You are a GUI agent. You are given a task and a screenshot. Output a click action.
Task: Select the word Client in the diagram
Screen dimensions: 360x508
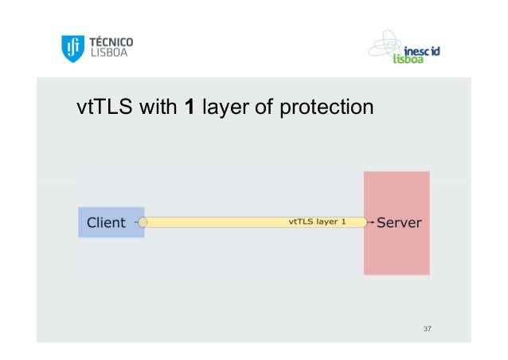tap(106, 222)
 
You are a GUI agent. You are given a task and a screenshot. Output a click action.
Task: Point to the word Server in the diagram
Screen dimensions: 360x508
tap(399, 222)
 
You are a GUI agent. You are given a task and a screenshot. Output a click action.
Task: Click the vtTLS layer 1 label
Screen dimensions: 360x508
tap(316, 222)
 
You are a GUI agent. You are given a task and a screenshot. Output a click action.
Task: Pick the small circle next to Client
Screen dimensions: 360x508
tap(142, 222)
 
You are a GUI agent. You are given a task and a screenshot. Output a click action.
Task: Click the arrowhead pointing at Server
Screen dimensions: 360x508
tap(369, 222)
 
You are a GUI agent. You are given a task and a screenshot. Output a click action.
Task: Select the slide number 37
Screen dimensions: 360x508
tap(428, 328)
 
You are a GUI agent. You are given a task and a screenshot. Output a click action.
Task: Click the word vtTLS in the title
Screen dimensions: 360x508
tap(104, 106)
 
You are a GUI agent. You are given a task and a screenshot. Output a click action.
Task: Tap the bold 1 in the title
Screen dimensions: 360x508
tap(190, 106)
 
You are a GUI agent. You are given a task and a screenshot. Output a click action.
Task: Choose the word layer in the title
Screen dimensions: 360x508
tap(226, 106)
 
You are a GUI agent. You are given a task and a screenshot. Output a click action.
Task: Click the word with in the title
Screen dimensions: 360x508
tap(158, 106)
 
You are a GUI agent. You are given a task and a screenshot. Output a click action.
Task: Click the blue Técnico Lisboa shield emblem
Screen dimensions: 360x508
tap(72, 49)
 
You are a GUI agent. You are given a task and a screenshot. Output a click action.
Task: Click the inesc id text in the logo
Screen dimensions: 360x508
tap(423, 50)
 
